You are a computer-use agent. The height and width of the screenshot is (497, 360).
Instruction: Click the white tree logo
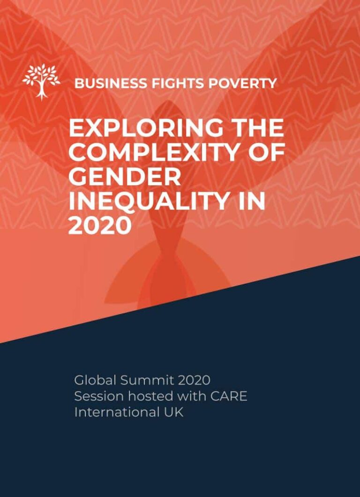pyautogui.click(x=41, y=82)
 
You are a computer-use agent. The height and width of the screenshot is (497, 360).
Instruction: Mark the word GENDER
pyautogui.click(x=125, y=178)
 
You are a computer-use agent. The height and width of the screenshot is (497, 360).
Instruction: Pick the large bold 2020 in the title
pyautogui.click(x=99, y=226)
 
